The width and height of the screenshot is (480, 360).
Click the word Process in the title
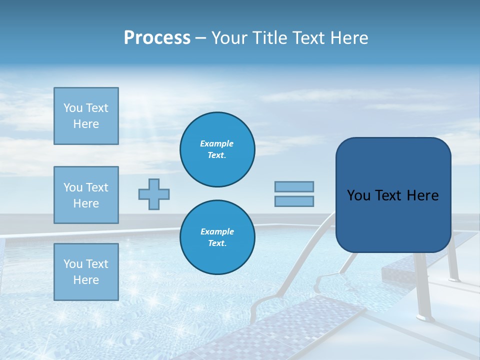click(157, 38)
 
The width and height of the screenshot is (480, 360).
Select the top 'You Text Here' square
click(86, 116)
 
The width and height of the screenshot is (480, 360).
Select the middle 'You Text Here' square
click(86, 195)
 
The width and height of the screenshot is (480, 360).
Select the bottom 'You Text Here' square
click(86, 271)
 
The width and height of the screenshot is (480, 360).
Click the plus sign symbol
click(154, 194)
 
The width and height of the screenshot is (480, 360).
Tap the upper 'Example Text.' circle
click(217, 149)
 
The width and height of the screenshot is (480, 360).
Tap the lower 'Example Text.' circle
click(217, 237)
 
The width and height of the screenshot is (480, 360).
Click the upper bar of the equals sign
click(294, 186)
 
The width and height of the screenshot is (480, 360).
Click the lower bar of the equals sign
click(294, 201)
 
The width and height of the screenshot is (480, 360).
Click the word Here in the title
click(350, 38)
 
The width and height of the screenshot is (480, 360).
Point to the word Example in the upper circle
click(217, 143)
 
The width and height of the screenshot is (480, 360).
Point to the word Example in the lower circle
click(217, 231)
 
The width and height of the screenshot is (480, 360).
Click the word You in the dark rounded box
click(358, 195)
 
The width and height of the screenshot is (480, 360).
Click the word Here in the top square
click(86, 124)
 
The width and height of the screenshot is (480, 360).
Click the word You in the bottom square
click(72, 264)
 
